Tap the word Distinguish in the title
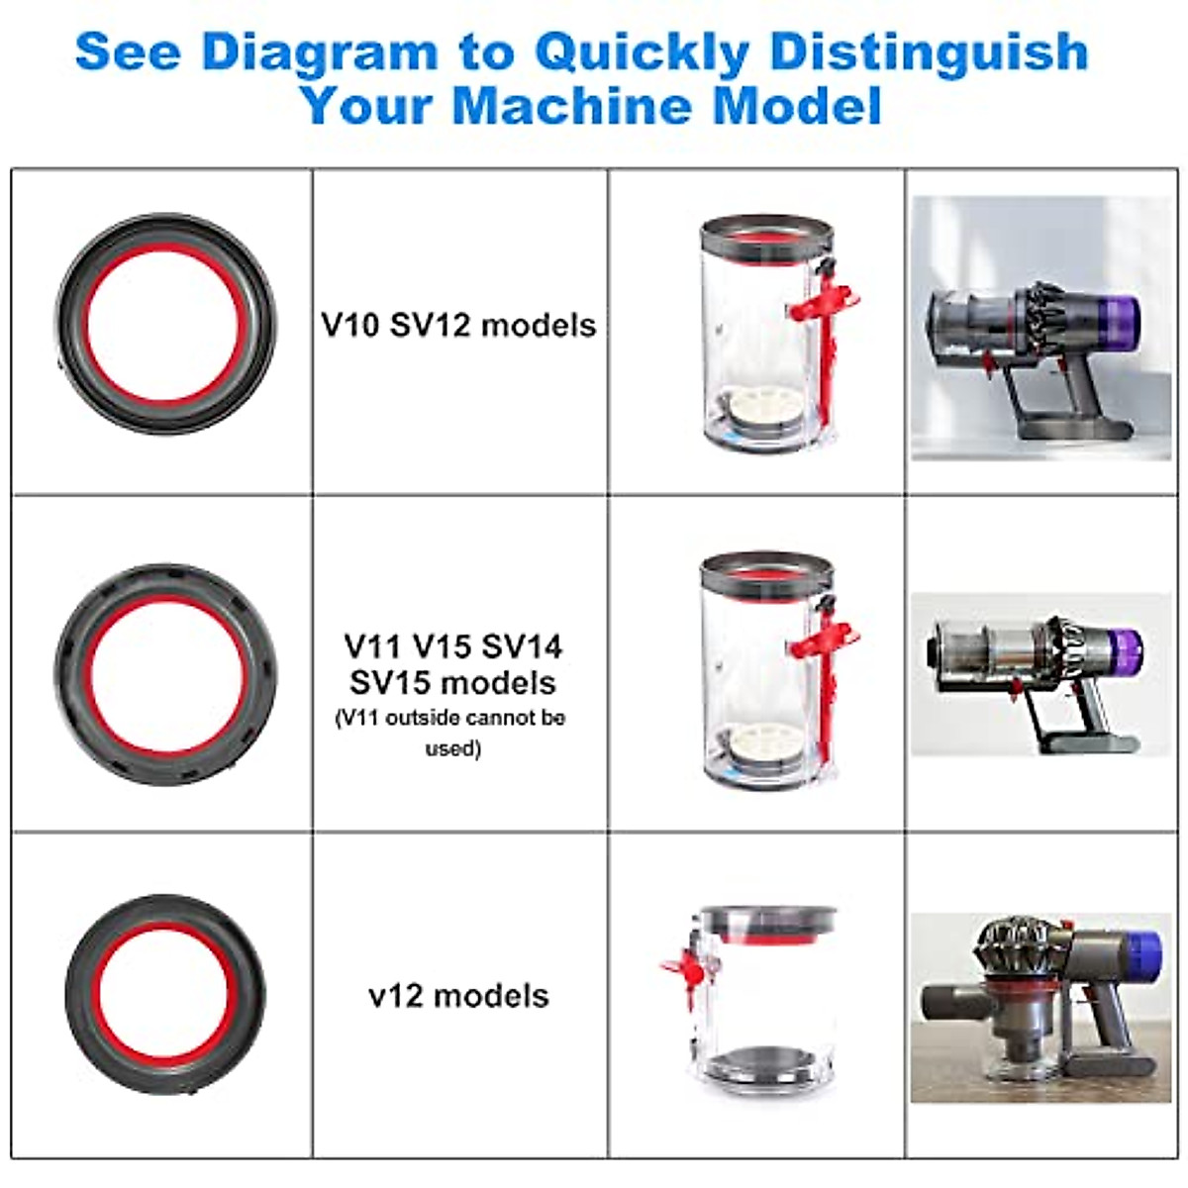pos(929,51)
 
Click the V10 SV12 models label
pos(458,325)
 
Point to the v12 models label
pos(458,995)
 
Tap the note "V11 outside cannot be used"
pos(451,732)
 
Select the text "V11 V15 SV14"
pos(453,646)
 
